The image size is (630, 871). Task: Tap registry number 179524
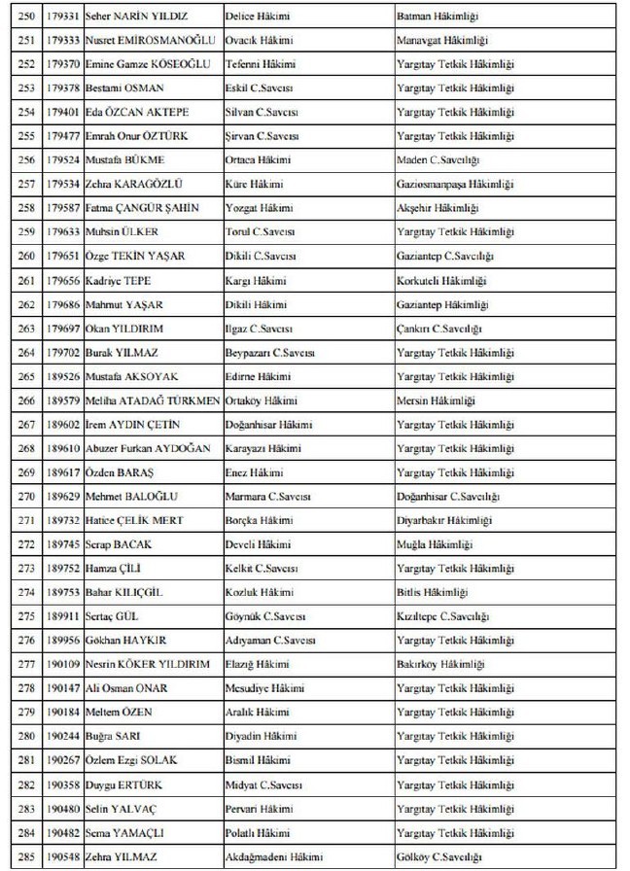(63, 160)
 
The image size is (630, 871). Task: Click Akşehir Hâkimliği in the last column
(437, 208)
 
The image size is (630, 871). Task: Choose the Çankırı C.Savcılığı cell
(443, 329)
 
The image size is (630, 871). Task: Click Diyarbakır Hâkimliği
(444, 521)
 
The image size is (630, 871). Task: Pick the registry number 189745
(63, 545)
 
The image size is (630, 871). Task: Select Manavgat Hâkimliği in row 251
(442, 41)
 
